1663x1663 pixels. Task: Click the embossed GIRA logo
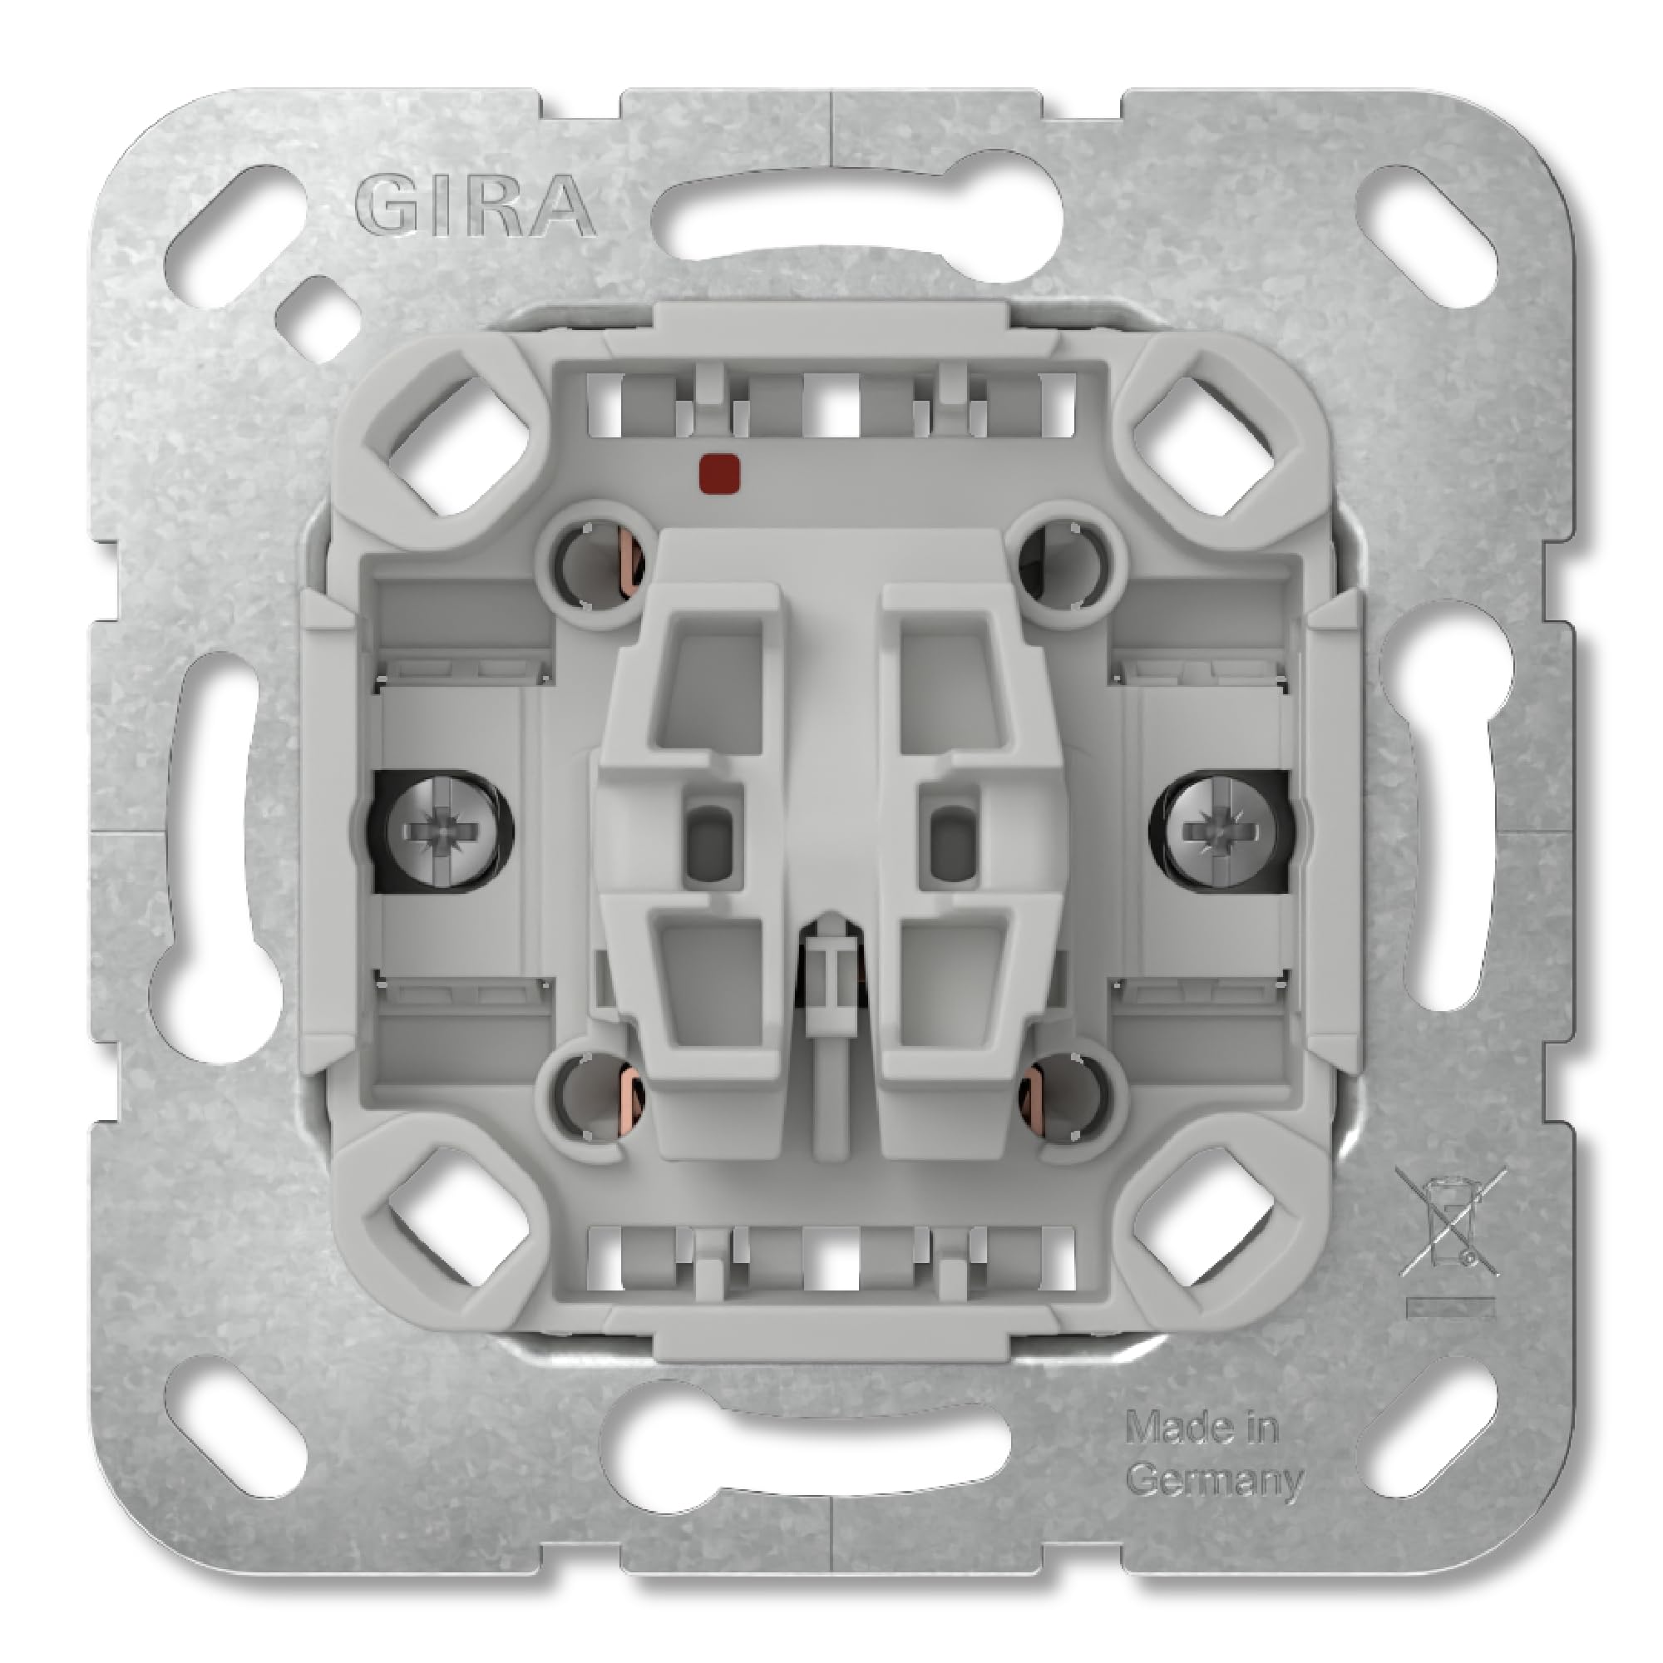[x=474, y=207]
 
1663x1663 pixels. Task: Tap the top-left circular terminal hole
[x=595, y=565]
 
